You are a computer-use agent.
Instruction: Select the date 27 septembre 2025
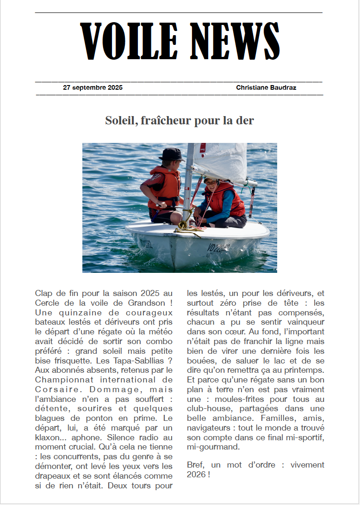pos(93,87)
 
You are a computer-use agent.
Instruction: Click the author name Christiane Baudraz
pos(266,87)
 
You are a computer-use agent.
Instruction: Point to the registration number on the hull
pos(218,248)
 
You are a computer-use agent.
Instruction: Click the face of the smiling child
pos(211,185)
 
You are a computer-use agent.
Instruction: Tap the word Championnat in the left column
pos(57,380)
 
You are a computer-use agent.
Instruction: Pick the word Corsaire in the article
pos(52,390)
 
